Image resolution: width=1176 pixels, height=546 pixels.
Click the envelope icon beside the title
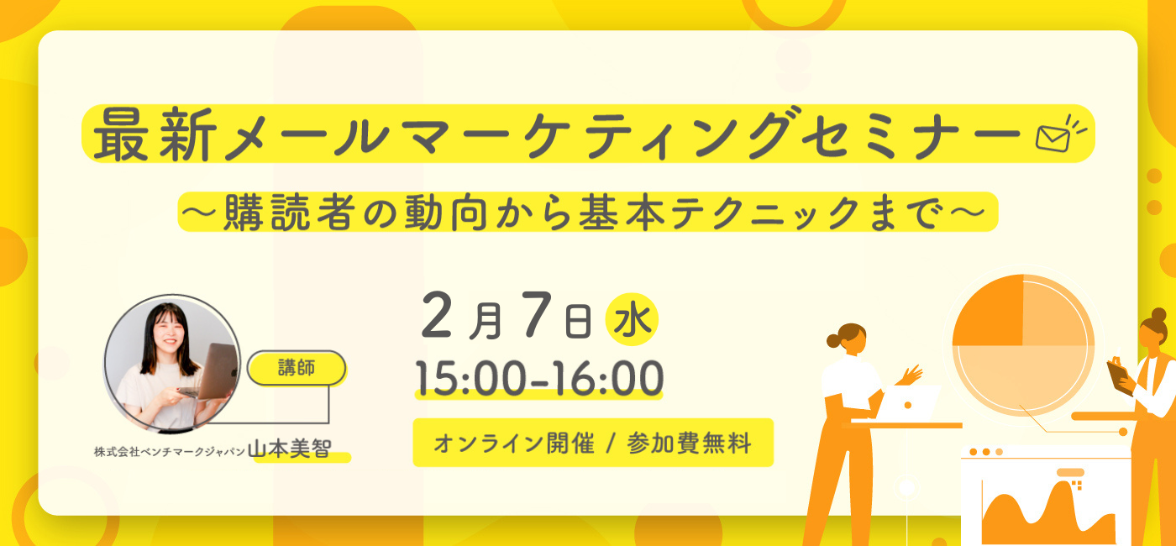tap(1053, 139)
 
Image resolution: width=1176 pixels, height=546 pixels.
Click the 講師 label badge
tap(297, 368)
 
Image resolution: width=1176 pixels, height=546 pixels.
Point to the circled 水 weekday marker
tap(632, 319)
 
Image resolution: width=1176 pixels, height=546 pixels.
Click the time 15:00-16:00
tap(539, 378)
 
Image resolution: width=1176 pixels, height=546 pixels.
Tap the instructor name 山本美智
tap(289, 449)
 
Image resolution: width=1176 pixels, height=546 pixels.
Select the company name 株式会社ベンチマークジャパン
tap(170, 452)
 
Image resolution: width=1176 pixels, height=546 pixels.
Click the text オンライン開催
tap(514, 444)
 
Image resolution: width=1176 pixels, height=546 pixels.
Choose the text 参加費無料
tap(689, 444)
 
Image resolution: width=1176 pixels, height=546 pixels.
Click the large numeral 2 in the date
tap(436, 315)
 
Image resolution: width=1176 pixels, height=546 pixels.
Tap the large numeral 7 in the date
tap(537, 314)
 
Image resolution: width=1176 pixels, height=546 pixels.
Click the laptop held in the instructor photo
tap(216, 371)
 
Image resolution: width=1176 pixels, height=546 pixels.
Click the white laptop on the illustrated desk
tap(907, 403)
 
